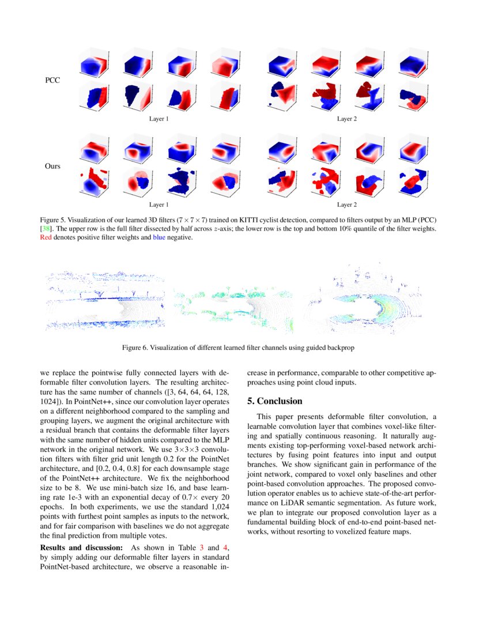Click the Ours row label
[x=53, y=166]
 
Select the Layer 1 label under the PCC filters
[x=159, y=119]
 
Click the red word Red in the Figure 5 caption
[x=46, y=237]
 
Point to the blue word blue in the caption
[x=160, y=237]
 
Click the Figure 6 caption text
[x=242, y=348]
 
